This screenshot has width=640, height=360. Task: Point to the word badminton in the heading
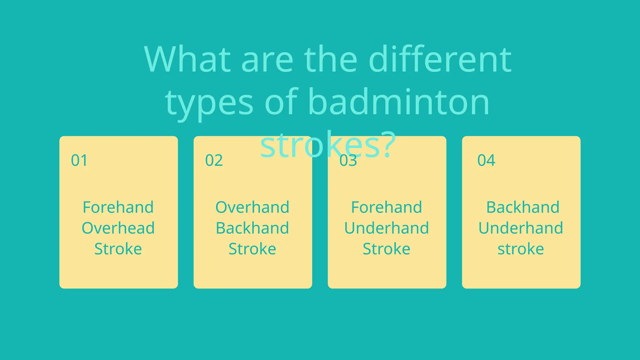click(x=398, y=102)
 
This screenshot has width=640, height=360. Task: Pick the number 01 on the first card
click(x=79, y=160)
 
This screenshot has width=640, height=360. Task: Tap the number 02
click(x=214, y=160)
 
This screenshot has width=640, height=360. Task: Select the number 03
click(x=348, y=160)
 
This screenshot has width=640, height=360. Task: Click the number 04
click(x=486, y=160)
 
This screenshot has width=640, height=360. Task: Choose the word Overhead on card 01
click(x=118, y=228)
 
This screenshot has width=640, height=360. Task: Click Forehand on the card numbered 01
click(x=118, y=207)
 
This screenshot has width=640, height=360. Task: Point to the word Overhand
click(x=252, y=207)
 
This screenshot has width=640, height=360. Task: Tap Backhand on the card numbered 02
click(x=252, y=228)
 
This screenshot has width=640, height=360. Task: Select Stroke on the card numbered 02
click(x=252, y=249)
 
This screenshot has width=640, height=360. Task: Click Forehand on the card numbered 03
click(x=387, y=207)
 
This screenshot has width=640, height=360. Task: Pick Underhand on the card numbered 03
click(x=387, y=228)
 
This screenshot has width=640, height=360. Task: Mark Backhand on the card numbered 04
click(x=523, y=207)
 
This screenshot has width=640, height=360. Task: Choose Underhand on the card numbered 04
click(x=521, y=228)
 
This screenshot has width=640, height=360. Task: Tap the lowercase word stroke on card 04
click(x=521, y=249)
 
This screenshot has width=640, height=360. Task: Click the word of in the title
click(x=281, y=102)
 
